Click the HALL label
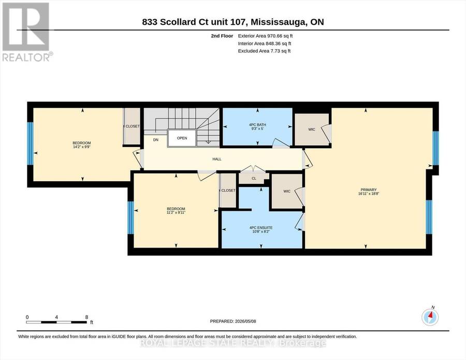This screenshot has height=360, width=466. click(x=216, y=159)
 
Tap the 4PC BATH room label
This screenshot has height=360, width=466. click(x=257, y=124)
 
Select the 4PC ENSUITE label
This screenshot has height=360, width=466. click(x=261, y=228)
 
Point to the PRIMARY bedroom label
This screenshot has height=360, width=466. click(x=369, y=190)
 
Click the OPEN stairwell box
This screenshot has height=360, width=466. click(x=182, y=138)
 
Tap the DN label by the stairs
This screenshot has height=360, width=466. click(x=156, y=140)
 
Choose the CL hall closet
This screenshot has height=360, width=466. click(x=254, y=178)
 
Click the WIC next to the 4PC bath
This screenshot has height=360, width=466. click(x=312, y=129)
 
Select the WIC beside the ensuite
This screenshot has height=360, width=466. click(x=287, y=191)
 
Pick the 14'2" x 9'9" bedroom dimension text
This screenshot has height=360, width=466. click(x=82, y=147)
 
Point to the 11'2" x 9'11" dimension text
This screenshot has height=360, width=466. click(x=176, y=212)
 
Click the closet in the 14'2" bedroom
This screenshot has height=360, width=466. click(x=132, y=126)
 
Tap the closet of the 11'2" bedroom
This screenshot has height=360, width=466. click(x=228, y=190)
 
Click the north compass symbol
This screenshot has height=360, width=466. click(x=430, y=317)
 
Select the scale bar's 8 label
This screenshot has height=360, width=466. click(x=87, y=317)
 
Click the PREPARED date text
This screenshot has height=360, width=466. click(x=233, y=321)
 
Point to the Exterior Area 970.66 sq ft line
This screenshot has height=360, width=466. click(x=266, y=36)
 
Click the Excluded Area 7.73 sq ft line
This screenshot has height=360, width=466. click(x=264, y=51)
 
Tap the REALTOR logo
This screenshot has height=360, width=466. click(x=27, y=32)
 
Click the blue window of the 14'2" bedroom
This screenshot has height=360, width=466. click(x=30, y=143)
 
